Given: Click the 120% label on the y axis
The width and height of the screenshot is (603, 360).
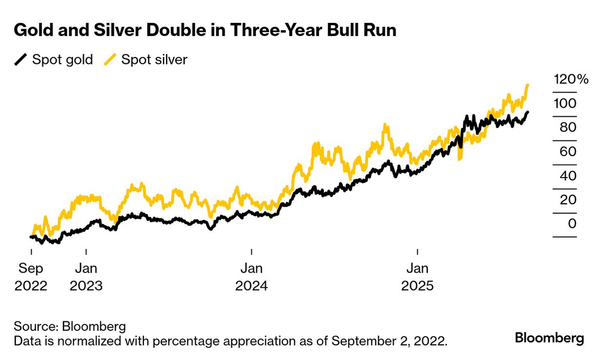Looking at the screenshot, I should [x=571, y=80].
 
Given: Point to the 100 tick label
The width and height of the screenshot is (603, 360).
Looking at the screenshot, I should [x=565, y=103].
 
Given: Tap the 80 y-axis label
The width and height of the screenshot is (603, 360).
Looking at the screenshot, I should [x=565, y=127].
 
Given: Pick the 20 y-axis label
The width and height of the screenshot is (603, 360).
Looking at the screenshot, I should [x=565, y=200].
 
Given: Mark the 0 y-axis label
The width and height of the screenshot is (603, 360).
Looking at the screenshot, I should [x=572, y=223].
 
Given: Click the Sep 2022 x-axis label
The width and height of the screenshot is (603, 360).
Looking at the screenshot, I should [x=31, y=277].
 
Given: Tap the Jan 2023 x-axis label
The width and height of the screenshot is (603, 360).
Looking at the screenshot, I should [x=86, y=277].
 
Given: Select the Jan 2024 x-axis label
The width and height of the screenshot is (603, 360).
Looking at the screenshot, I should [x=252, y=277].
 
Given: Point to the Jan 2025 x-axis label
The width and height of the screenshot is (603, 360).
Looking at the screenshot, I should [x=418, y=277].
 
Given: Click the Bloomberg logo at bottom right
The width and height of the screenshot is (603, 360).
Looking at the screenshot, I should [x=549, y=338].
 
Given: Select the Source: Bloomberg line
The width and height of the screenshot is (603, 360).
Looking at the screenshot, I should [x=70, y=326].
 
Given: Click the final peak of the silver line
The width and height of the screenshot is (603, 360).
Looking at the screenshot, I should [x=528, y=85].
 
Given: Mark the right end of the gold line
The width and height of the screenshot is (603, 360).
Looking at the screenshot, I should [x=527, y=112].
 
